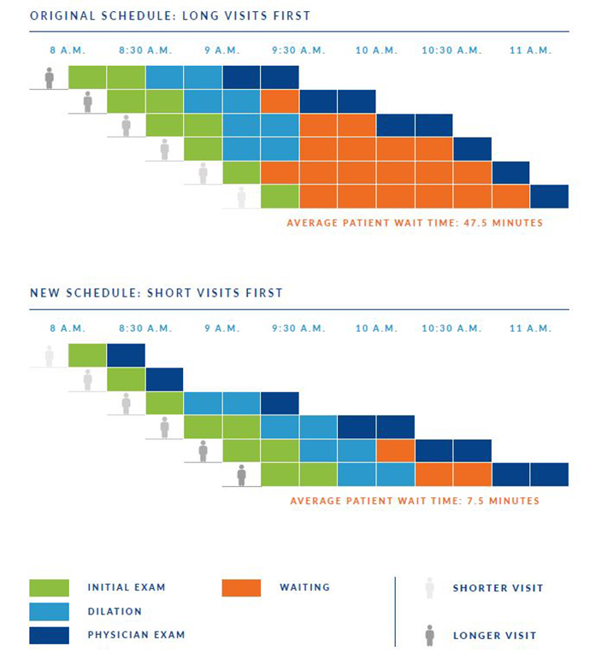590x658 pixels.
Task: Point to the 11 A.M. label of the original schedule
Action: (x=529, y=50)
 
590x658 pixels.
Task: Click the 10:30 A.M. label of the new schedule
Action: (x=451, y=328)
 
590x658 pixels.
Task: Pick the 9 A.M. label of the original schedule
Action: (x=221, y=50)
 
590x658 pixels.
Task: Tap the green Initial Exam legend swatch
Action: (x=49, y=588)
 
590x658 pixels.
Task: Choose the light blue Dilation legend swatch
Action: (x=49, y=612)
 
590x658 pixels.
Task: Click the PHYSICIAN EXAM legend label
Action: (x=136, y=635)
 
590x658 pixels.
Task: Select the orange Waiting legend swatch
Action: (x=241, y=588)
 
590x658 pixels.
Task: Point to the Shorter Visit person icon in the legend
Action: (x=429, y=588)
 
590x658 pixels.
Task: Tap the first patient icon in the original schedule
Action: (x=50, y=78)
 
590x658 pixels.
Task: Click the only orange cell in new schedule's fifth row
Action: (x=395, y=450)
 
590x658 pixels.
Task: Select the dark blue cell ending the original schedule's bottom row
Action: (x=549, y=197)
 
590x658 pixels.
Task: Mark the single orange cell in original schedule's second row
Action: (x=280, y=102)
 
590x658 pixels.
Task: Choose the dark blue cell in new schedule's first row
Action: (x=126, y=355)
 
